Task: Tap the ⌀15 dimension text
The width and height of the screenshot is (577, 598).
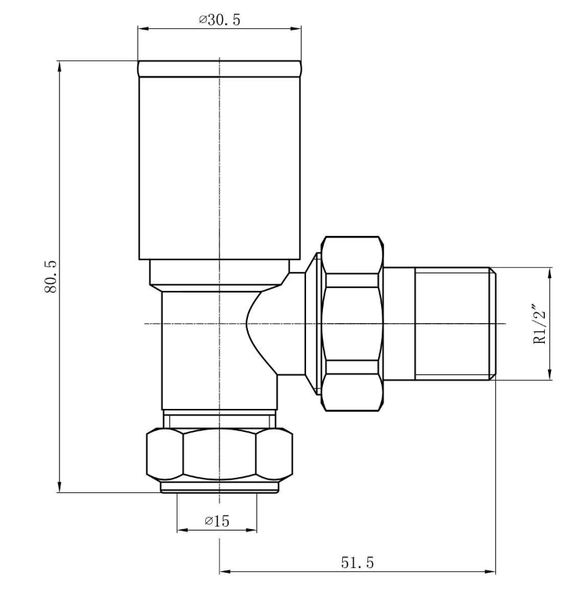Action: point(217,521)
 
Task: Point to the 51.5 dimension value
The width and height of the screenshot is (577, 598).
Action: point(357,562)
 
